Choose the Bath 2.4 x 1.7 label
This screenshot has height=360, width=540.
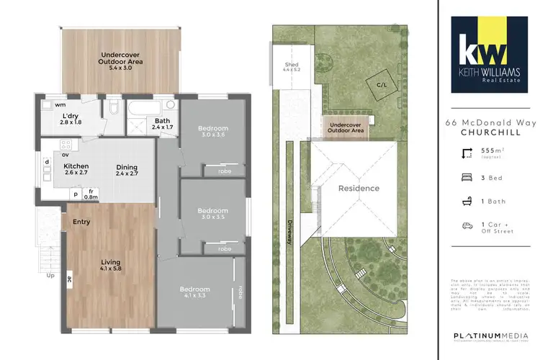pos(162,125)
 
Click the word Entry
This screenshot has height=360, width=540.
pos(81,222)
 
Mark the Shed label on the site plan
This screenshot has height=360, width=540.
pos(292,67)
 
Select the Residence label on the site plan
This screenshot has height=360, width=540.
pos(359,189)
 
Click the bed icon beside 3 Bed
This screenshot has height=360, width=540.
pos(466,176)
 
